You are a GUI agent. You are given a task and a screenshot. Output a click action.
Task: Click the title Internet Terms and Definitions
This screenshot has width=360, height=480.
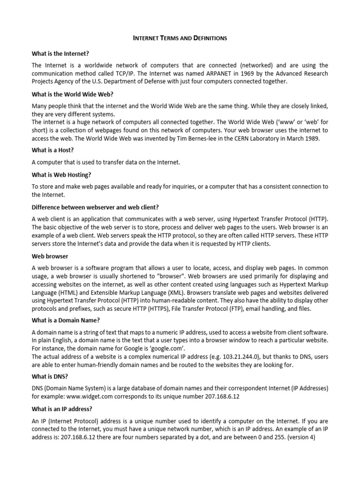180,38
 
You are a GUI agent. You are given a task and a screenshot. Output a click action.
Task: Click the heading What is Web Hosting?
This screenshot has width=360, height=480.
61,174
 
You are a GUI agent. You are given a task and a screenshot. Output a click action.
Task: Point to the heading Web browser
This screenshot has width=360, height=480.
50,256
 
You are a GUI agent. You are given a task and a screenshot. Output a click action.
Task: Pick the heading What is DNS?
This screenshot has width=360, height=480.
49,376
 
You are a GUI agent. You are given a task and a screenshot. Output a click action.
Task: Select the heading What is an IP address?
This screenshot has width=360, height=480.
62,408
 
